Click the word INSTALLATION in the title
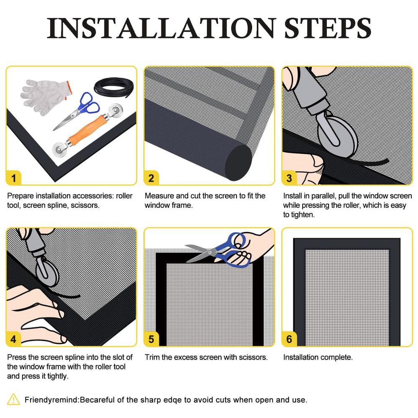click(x=161, y=28)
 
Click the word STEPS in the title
click(x=328, y=28)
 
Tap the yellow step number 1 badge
click(x=14, y=178)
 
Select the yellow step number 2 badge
click(x=151, y=178)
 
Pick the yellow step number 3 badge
click(x=289, y=178)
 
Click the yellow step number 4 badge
click(x=14, y=339)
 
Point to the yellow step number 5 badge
click(x=151, y=339)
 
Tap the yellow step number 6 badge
click(x=289, y=339)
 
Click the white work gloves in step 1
click(x=45, y=95)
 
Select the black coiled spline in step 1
click(x=114, y=87)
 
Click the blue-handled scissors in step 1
click(x=77, y=111)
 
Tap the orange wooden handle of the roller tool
click(x=87, y=130)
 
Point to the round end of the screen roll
click(x=239, y=163)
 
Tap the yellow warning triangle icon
click(x=13, y=400)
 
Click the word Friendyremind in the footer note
click(x=51, y=400)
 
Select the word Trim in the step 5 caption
click(x=152, y=357)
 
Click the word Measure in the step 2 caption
click(x=159, y=196)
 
